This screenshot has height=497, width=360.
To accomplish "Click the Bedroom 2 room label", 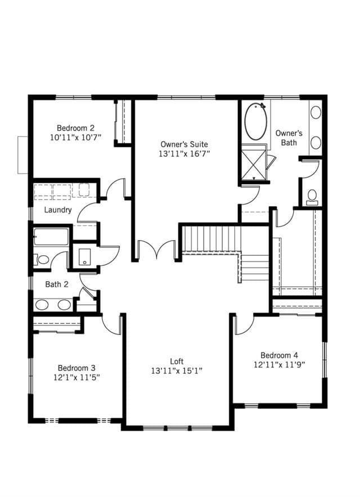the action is (x=75, y=128).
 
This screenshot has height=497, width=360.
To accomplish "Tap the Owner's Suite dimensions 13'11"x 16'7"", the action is (x=184, y=153).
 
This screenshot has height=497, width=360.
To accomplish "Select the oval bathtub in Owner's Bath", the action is (x=255, y=121).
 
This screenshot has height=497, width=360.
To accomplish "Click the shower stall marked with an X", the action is (x=254, y=163).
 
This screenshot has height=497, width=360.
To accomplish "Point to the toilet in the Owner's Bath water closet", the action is (x=312, y=197).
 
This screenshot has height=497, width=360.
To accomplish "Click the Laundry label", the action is (x=58, y=210).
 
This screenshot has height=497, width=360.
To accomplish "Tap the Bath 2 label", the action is (x=57, y=284).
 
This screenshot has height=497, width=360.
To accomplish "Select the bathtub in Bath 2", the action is (x=51, y=237).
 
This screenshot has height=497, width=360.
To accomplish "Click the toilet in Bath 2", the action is (x=41, y=260).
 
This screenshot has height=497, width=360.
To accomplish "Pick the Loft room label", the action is (x=177, y=362).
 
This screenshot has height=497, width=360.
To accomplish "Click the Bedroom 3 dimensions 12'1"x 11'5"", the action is (x=76, y=377).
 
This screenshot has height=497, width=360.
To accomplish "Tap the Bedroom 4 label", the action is (x=279, y=355).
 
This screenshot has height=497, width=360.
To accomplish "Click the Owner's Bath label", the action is (x=289, y=138).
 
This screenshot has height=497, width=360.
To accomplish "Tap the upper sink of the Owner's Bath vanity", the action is (x=316, y=112).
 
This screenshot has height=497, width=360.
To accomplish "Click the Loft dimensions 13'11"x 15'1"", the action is (x=177, y=371).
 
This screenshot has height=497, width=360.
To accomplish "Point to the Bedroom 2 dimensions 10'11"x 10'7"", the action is (x=75, y=138).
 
